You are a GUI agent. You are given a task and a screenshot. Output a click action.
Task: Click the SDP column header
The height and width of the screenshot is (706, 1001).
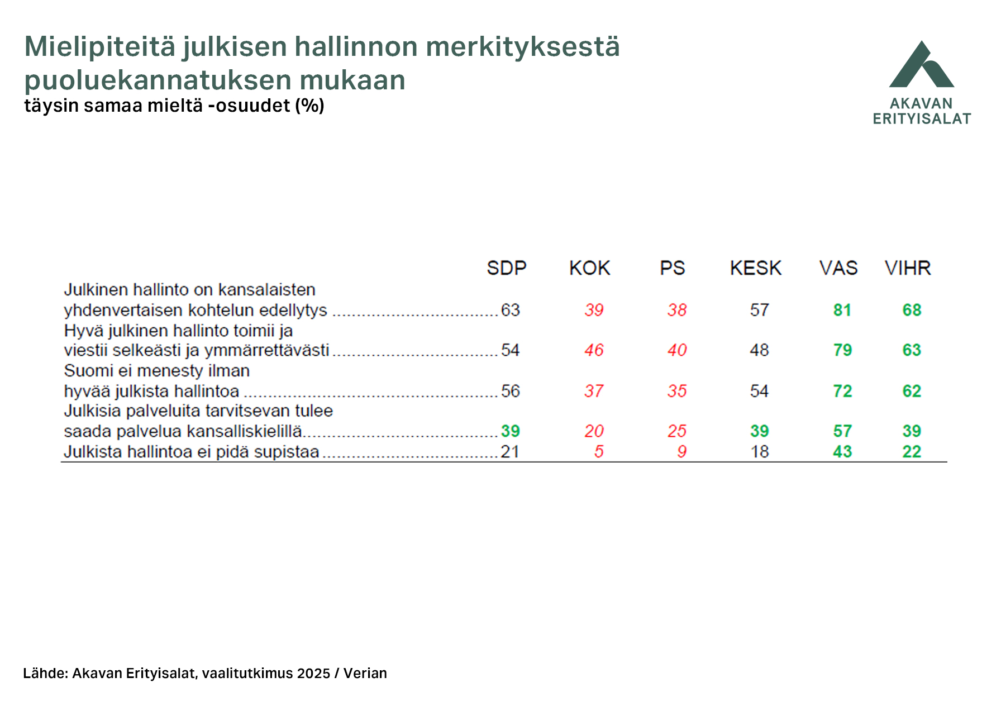tap(506, 268)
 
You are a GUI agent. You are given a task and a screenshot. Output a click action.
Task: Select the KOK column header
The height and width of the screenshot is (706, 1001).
tap(589, 268)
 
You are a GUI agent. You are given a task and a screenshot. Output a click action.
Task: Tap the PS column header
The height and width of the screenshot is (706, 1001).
tap(672, 268)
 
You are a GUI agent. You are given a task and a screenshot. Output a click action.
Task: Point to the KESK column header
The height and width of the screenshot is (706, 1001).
tap(755, 268)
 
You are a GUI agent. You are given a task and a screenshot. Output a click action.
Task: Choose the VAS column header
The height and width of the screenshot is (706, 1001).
tap(838, 268)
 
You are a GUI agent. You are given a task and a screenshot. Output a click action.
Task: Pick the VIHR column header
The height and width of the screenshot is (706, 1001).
tap(908, 268)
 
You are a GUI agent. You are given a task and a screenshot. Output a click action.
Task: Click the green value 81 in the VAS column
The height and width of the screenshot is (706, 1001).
tap(842, 310)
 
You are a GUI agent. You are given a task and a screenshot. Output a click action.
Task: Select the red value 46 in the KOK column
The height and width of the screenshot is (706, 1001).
tap(594, 350)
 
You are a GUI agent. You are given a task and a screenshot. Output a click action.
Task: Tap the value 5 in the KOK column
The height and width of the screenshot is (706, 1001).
tap(599, 451)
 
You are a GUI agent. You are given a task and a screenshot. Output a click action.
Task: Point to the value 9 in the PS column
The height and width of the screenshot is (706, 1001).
tap(681, 451)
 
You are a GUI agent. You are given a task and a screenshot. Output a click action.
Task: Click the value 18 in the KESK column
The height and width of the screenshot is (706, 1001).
tap(759, 451)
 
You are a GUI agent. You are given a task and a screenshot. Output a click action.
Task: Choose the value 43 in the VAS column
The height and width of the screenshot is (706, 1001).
tap(842, 451)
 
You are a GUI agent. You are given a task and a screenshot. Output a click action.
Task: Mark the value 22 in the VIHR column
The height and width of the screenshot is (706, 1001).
tap(912, 451)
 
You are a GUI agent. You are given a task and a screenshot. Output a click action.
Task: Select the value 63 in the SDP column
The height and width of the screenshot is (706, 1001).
tap(510, 310)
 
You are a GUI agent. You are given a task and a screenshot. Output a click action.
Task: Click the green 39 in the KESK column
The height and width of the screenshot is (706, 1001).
tap(759, 431)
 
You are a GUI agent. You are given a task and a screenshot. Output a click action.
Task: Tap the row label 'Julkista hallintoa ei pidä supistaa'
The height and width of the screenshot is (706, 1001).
tap(191, 451)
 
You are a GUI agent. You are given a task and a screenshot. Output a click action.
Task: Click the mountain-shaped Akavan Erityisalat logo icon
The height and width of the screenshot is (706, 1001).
tap(922, 65)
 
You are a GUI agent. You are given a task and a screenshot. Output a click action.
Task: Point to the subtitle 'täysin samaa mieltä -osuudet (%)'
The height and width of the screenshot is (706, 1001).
tap(174, 106)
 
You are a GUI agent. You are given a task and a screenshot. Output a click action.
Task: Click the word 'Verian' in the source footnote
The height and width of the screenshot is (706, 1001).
tap(365, 673)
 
